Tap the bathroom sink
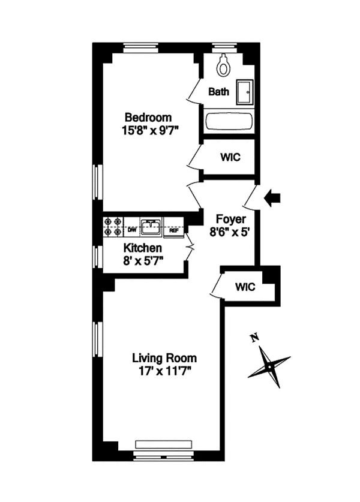[x=245, y=92]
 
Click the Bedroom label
[x=148, y=117]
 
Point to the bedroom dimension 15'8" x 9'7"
[x=149, y=131]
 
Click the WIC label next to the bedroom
[x=230, y=157]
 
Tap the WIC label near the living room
[x=245, y=287]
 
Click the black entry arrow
[x=272, y=198]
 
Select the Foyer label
[x=230, y=219]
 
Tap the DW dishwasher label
[x=132, y=230]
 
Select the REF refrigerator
[x=174, y=230]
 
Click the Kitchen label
[x=143, y=248]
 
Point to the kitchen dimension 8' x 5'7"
[x=143, y=261]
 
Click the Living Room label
[x=164, y=357]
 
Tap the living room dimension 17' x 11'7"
[x=165, y=371]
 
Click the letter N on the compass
[x=254, y=338]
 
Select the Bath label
[x=219, y=92]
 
